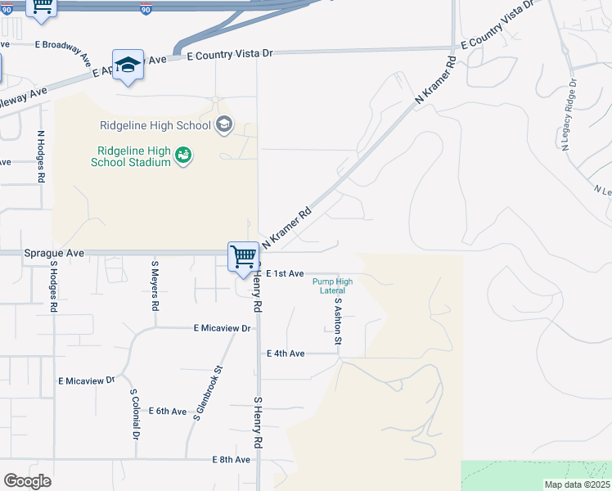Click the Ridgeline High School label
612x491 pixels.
[155, 125]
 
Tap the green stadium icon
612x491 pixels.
[183, 155]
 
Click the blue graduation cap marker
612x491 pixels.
[128, 65]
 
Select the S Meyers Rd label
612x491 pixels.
[154, 286]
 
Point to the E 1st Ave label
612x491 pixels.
[286, 273]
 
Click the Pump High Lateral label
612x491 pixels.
[333, 286]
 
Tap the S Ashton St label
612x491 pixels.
[336, 319]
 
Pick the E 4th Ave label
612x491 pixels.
[286, 354]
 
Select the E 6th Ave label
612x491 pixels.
[167, 411]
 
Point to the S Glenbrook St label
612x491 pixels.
[209, 394]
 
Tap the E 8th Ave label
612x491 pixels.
[231, 460]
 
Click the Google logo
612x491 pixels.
[27, 481]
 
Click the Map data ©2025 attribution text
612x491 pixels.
[577, 484]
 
